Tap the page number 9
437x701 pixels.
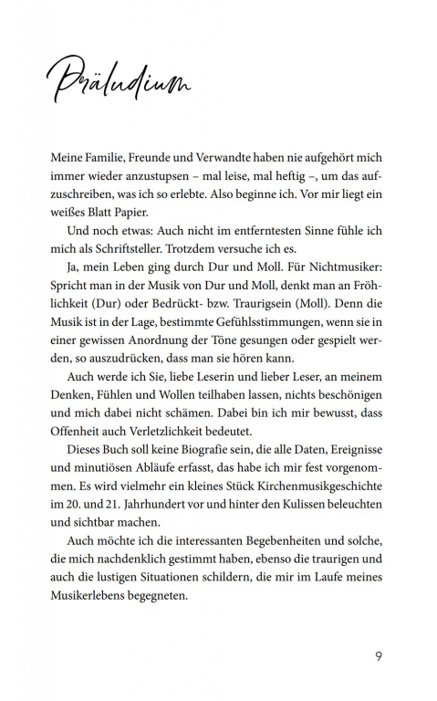point(379,655)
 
